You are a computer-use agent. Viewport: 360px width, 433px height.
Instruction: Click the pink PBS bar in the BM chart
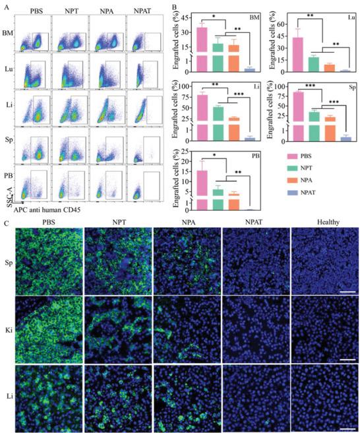pos(202,46)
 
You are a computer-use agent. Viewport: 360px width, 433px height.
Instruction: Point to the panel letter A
pos(5,5)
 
